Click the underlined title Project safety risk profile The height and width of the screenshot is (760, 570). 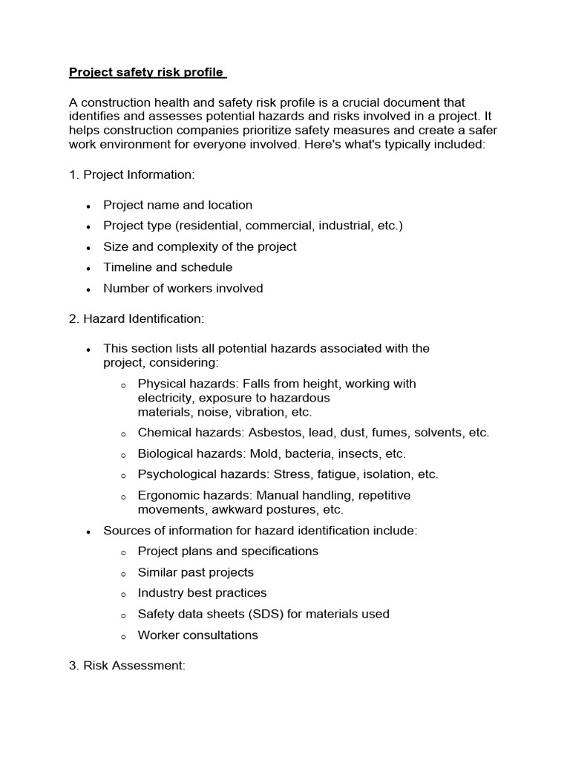[x=147, y=72]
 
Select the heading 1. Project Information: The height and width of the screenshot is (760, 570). [x=131, y=174]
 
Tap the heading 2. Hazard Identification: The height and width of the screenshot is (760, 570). [x=136, y=318]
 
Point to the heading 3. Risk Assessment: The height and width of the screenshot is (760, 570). [x=127, y=666]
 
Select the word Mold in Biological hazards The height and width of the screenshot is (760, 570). [x=261, y=453]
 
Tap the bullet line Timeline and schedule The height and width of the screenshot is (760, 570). [x=168, y=267]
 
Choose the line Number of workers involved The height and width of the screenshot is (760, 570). [x=183, y=288]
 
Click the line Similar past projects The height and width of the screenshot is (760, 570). [x=195, y=572]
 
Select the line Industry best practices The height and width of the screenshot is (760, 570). [x=202, y=593]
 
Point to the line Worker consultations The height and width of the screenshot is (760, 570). [x=197, y=635]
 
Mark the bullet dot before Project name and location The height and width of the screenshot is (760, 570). [x=88, y=206]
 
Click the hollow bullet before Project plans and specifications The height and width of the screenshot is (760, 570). [x=122, y=552]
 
